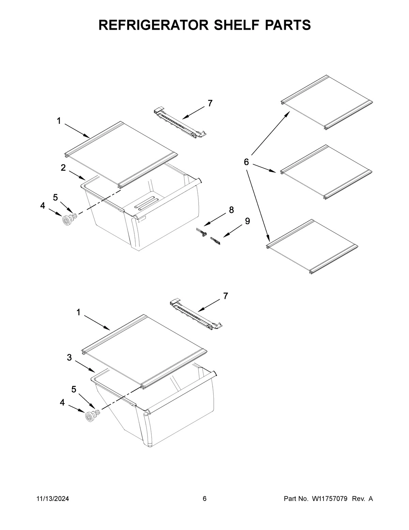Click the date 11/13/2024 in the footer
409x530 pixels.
(52, 499)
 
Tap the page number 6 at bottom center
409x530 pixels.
(204, 499)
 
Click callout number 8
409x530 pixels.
(231, 210)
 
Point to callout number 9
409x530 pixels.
(247, 221)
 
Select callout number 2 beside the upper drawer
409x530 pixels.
(63, 168)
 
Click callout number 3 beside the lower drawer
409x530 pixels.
(69, 357)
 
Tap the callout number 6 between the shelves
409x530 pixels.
(246, 162)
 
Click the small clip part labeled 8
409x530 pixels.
(202, 232)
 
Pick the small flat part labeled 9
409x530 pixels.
(215, 241)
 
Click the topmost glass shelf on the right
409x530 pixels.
(327, 102)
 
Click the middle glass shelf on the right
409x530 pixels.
(325, 172)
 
